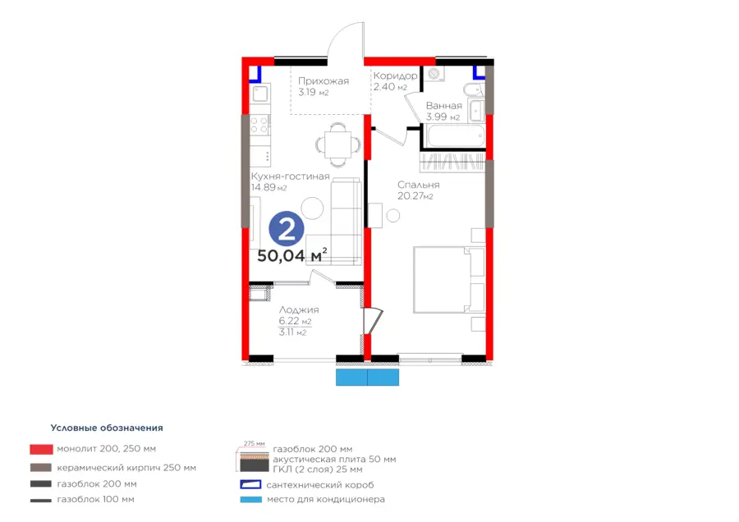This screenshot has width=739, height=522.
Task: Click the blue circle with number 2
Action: pyautogui.click(x=287, y=228)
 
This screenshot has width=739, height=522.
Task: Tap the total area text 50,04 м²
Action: pyautogui.click(x=292, y=255)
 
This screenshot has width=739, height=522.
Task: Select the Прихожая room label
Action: pyautogui.click(x=324, y=81)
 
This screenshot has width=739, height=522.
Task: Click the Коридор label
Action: pyautogui.click(x=395, y=76)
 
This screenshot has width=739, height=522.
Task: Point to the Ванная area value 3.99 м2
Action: pyautogui.click(x=443, y=117)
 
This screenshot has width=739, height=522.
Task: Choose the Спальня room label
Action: pyautogui.click(x=419, y=185)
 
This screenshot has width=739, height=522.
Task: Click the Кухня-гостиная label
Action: pyautogui.click(x=291, y=176)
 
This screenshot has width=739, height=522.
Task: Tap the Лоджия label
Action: pyautogui.click(x=299, y=309)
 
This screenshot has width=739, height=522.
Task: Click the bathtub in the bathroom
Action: pyautogui.click(x=455, y=135)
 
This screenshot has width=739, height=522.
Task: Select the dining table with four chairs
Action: pyautogui.click(x=338, y=144)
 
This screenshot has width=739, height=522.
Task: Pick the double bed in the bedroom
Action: pyautogui.click(x=449, y=280)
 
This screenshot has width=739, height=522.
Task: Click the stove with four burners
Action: pyautogui.click(x=259, y=125)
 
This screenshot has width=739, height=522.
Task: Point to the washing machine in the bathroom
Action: pyautogui.click(x=434, y=74)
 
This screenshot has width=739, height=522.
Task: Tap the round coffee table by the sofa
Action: pyautogui.click(x=312, y=208)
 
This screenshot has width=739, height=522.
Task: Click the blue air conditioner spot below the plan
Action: pyautogui.click(x=368, y=378)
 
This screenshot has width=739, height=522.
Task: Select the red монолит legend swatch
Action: pyautogui.click(x=42, y=449)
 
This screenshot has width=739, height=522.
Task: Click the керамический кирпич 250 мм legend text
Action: pyautogui.click(x=126, y=468)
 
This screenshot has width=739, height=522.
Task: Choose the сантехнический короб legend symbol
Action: pyautogui.click(x=250, y=484)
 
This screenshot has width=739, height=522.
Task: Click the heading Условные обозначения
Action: pyautogui.click(x=107, y=428)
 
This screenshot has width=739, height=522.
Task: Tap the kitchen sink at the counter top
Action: pyautogui.click(x=259, y=94)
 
